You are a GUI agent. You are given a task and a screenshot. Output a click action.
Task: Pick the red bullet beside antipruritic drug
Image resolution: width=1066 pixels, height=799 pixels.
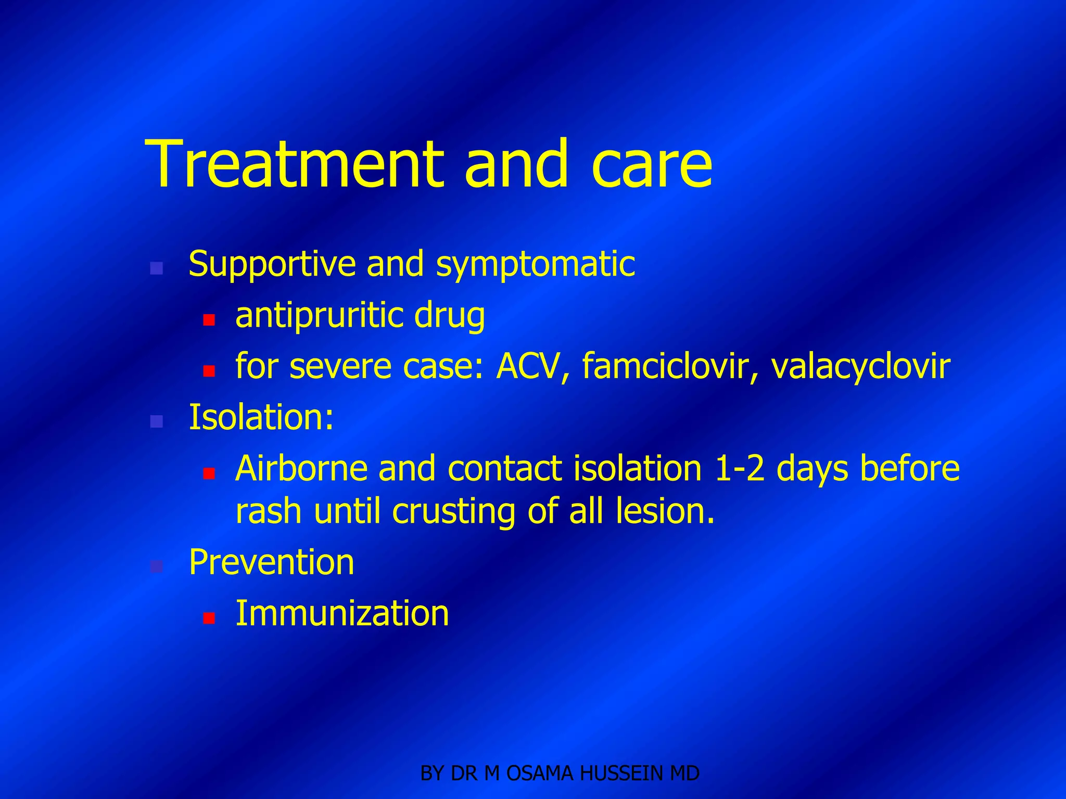tap(209, 320)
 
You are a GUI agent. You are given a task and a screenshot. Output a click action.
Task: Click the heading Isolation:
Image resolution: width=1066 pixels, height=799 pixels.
tap(261, 417)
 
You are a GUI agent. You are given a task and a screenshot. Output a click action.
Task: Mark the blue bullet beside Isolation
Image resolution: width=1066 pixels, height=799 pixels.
tap(156, 421)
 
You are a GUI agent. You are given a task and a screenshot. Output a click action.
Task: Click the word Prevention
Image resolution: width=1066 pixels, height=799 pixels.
tap(271, 562)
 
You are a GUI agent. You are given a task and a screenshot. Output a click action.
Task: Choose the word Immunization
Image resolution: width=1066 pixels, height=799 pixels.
tap(342, 613)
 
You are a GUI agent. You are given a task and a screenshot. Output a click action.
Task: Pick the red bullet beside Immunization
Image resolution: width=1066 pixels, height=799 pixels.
tap(209, 618)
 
